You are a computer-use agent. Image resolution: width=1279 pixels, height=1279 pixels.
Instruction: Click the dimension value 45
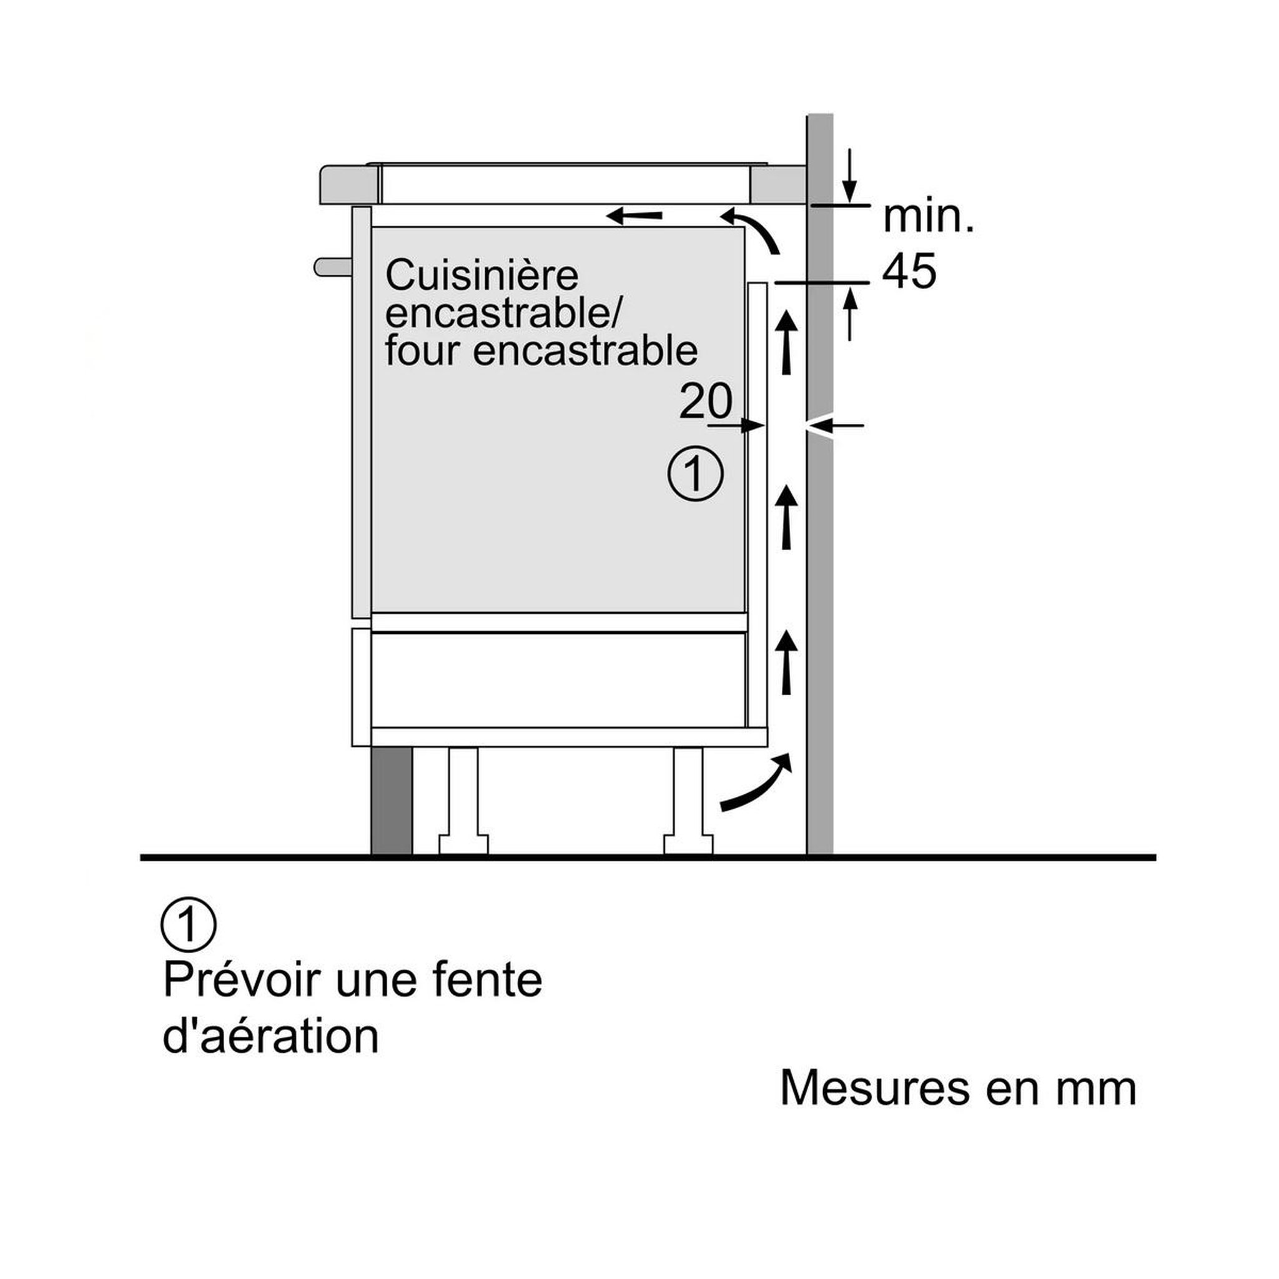point(909,271)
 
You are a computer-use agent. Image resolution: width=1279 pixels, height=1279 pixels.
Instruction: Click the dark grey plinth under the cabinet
point(391,801)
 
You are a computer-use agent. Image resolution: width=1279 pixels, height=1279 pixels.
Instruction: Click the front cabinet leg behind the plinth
point(463,801)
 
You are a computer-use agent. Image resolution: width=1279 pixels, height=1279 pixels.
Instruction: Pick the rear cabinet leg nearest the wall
point(688,801)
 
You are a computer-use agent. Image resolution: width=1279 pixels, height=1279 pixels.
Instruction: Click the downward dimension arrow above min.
point(850,175)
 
